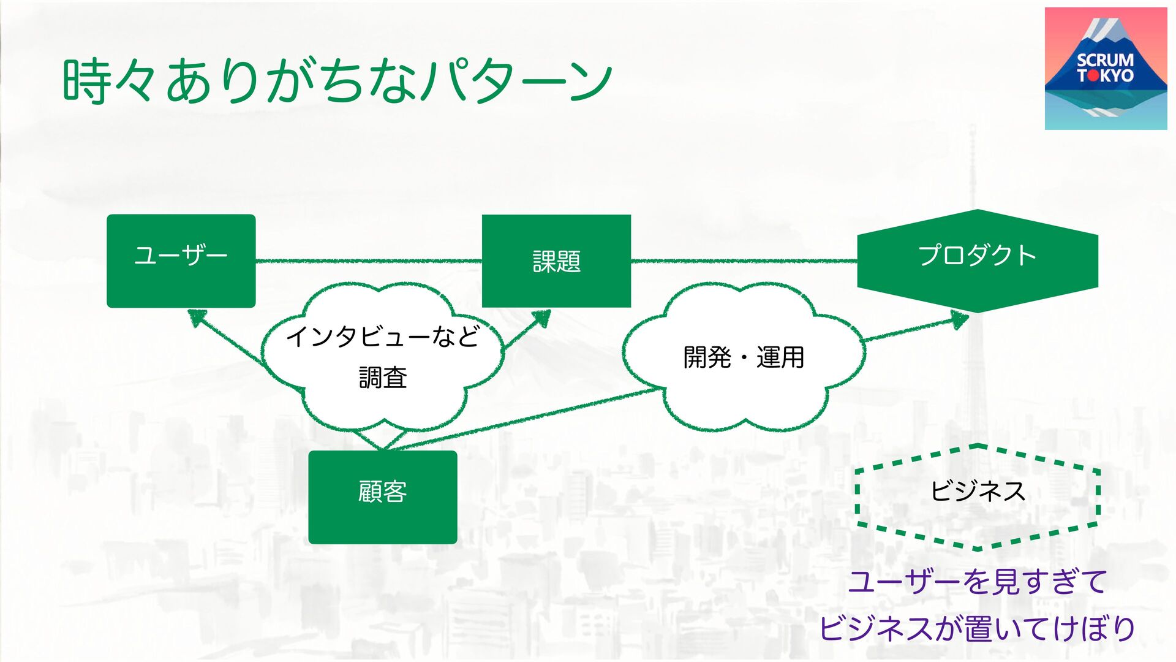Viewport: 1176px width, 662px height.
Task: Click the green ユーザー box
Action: (181, 261)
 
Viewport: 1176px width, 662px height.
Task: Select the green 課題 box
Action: (556, 261)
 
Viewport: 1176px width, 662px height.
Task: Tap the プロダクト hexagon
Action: (977, 261)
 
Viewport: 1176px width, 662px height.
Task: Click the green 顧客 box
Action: (383, 497)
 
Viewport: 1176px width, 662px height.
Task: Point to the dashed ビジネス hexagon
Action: (977, 496)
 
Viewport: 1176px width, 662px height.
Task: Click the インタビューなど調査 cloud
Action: (383, 356)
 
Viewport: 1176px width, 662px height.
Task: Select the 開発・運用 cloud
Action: (743, 357)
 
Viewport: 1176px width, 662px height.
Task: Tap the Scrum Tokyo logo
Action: (1106, 69)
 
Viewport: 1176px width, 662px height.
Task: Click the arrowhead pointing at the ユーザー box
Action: (196, 317)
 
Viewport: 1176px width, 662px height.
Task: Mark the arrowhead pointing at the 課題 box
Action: (541, 318)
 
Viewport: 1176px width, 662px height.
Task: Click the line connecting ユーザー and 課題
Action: (367, 261)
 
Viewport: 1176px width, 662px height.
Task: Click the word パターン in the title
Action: (518, 81)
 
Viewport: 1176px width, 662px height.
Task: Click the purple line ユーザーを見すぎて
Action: (977, 581)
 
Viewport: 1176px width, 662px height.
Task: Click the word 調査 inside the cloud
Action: (383, 377)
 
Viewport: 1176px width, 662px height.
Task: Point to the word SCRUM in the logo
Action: (1105, 60)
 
